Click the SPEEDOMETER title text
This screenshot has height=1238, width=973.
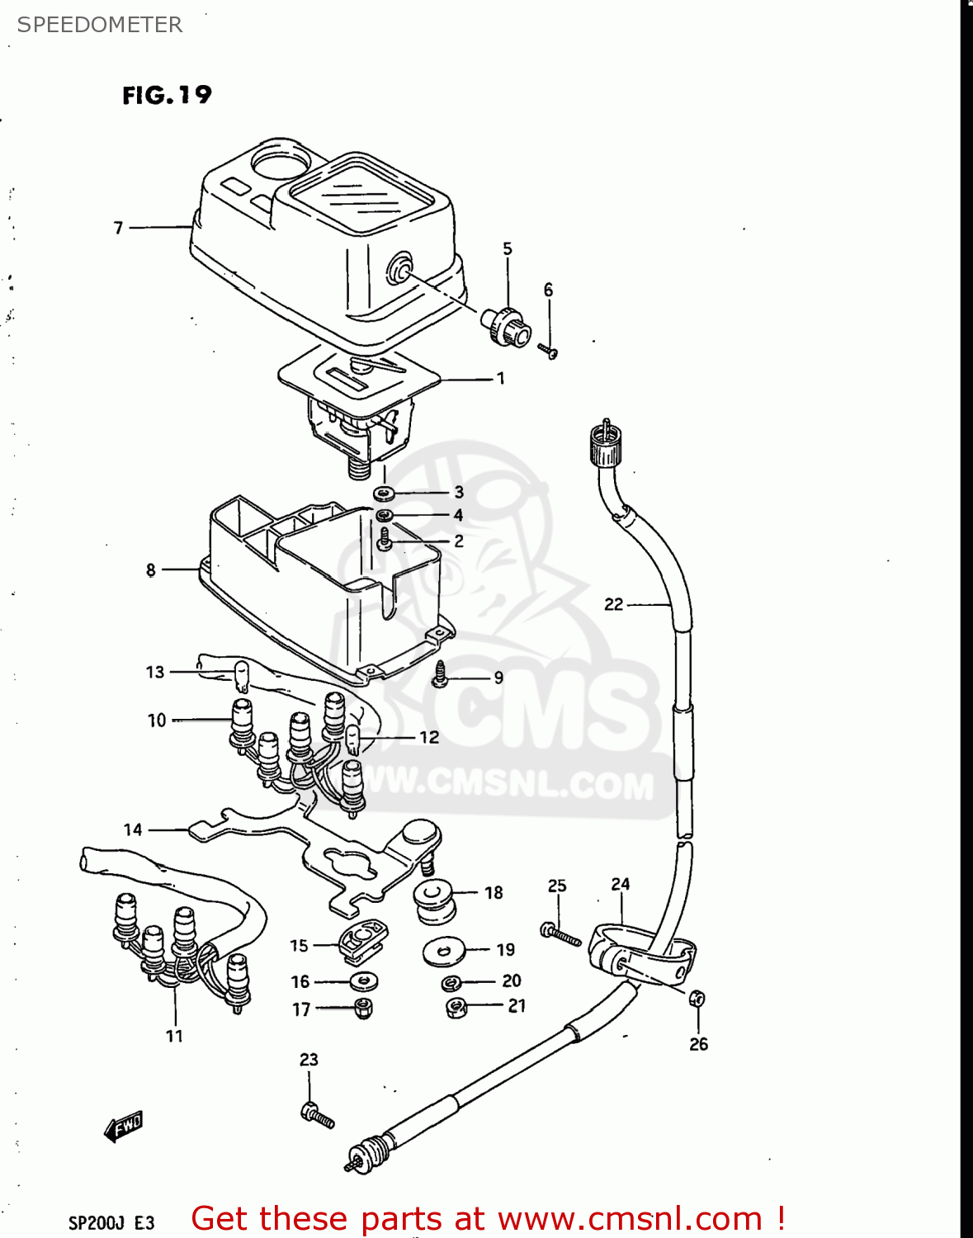(x=100, y=25)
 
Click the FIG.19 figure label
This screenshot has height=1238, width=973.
(x=167, y=96)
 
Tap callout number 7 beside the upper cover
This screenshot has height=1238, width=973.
(x=119, y=228)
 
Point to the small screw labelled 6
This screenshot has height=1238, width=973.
(x=549, y=351)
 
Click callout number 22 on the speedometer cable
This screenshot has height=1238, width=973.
(x=613, y=604)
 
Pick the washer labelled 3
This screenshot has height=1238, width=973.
(x=383, y=494)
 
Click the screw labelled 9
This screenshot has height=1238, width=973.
(x=440, y=674)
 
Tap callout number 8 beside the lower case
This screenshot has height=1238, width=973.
(x=151, y=569)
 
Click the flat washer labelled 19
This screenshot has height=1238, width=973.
(x=443, y=952)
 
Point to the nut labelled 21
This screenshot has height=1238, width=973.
(x=456, y=1007)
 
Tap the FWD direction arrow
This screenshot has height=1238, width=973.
(x=124, y=1126)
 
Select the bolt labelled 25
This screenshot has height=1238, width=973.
(x=559, y=933)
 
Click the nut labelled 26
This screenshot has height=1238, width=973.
(x=697, y=999)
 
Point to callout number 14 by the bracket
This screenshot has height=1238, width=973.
(x=133, y=829)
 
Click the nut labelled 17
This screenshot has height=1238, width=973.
(x=362, y=1008)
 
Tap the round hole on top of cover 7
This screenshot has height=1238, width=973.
(x=281, y=159)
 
